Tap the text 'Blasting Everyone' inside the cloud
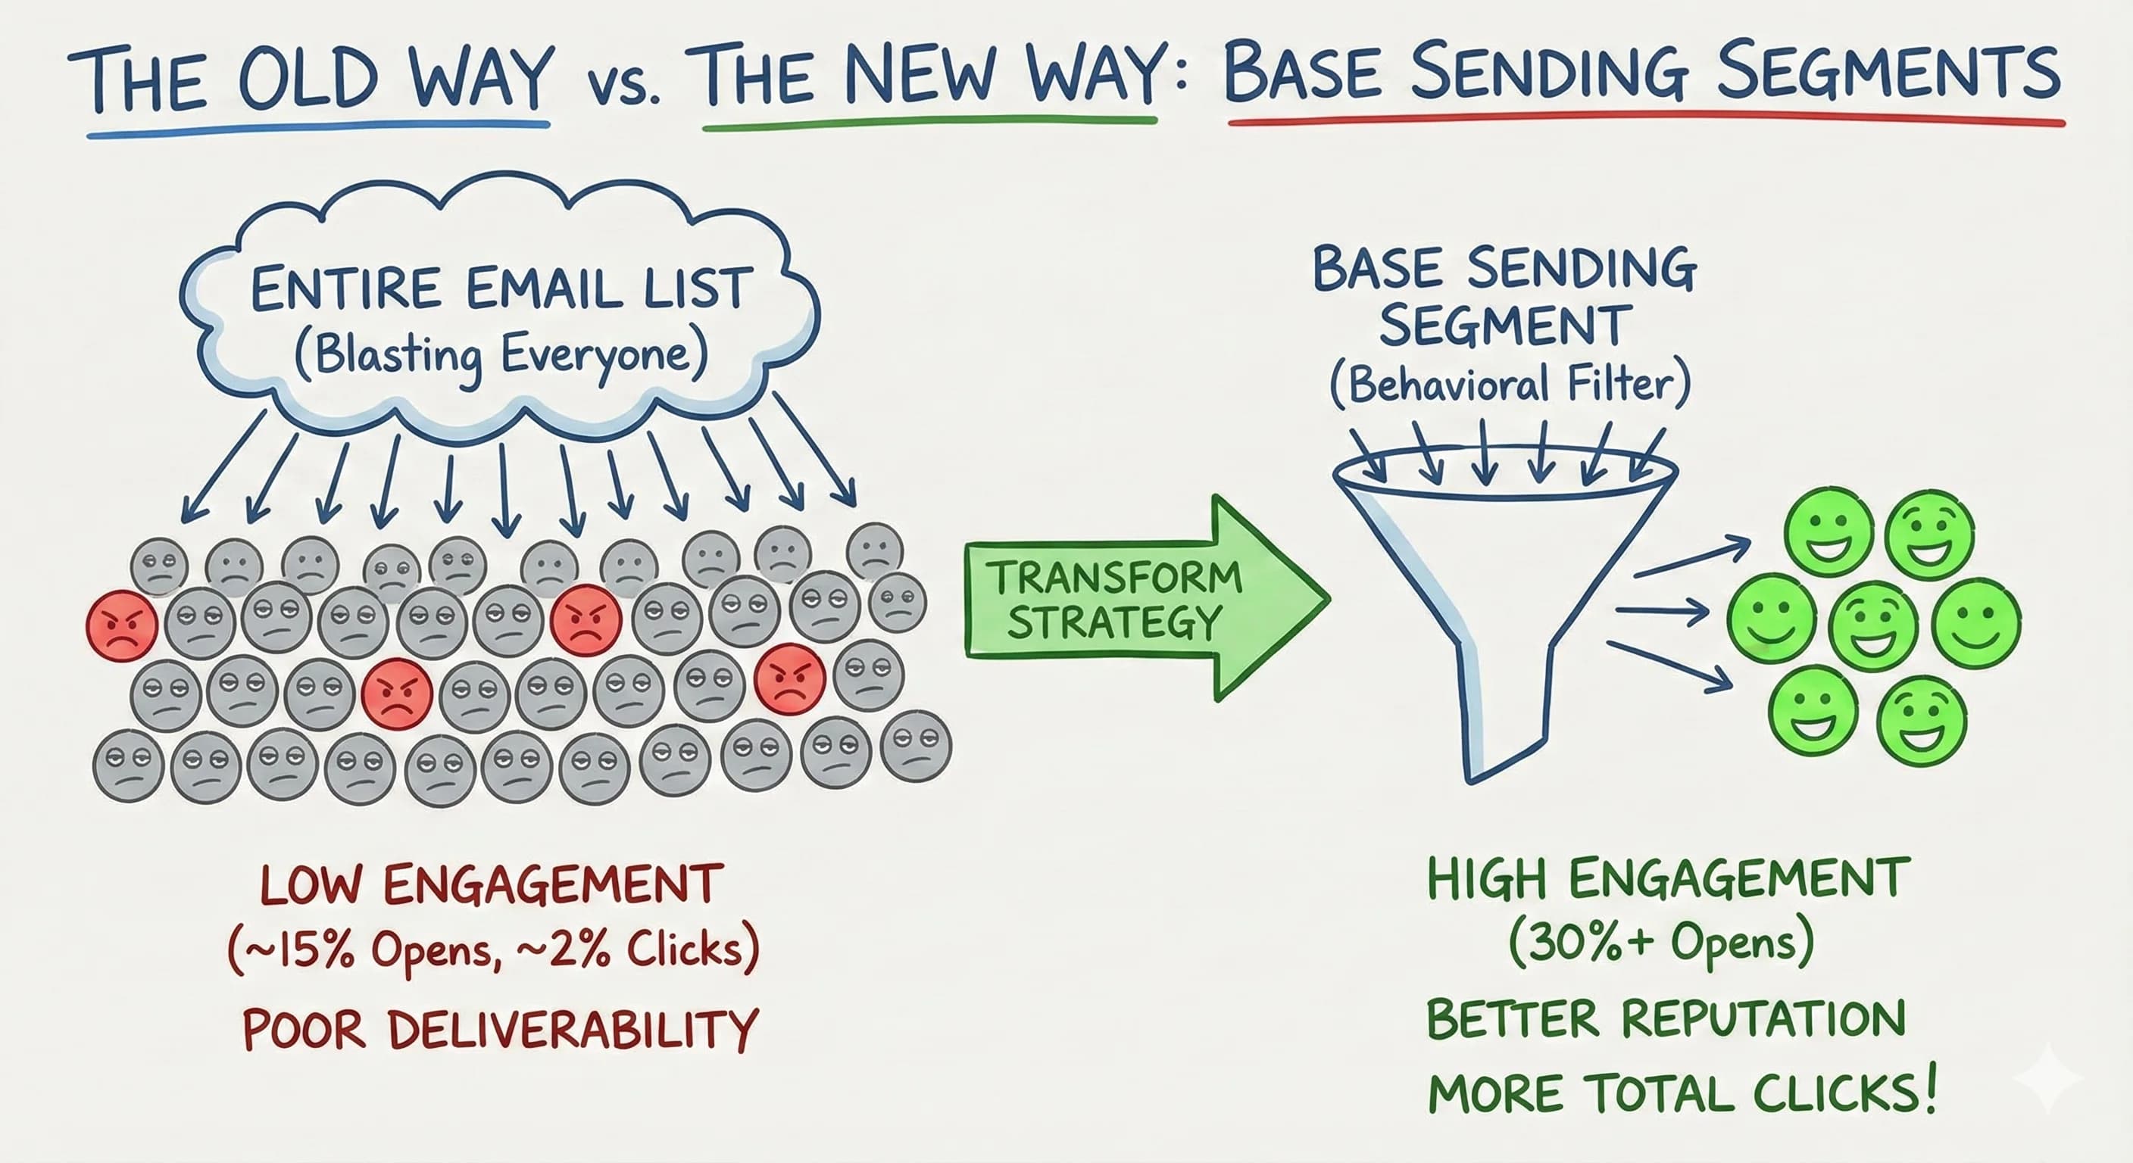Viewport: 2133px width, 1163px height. (x=501, y=357)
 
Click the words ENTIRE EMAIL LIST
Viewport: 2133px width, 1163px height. (x=501, y=290)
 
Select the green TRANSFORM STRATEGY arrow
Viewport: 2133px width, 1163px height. (x=1143, y=598)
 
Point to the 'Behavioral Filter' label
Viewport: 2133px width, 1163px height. (x=1510, y=385)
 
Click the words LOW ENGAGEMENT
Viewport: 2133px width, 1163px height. (x=492, y=884)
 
